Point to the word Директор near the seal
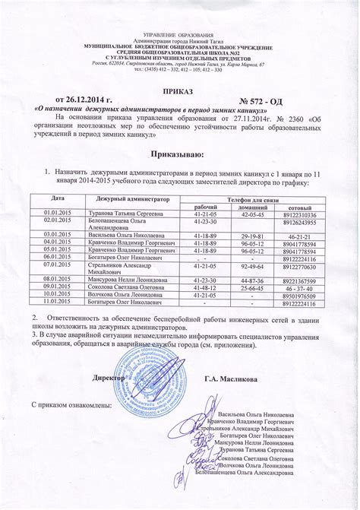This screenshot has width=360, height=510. (108, 378)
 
